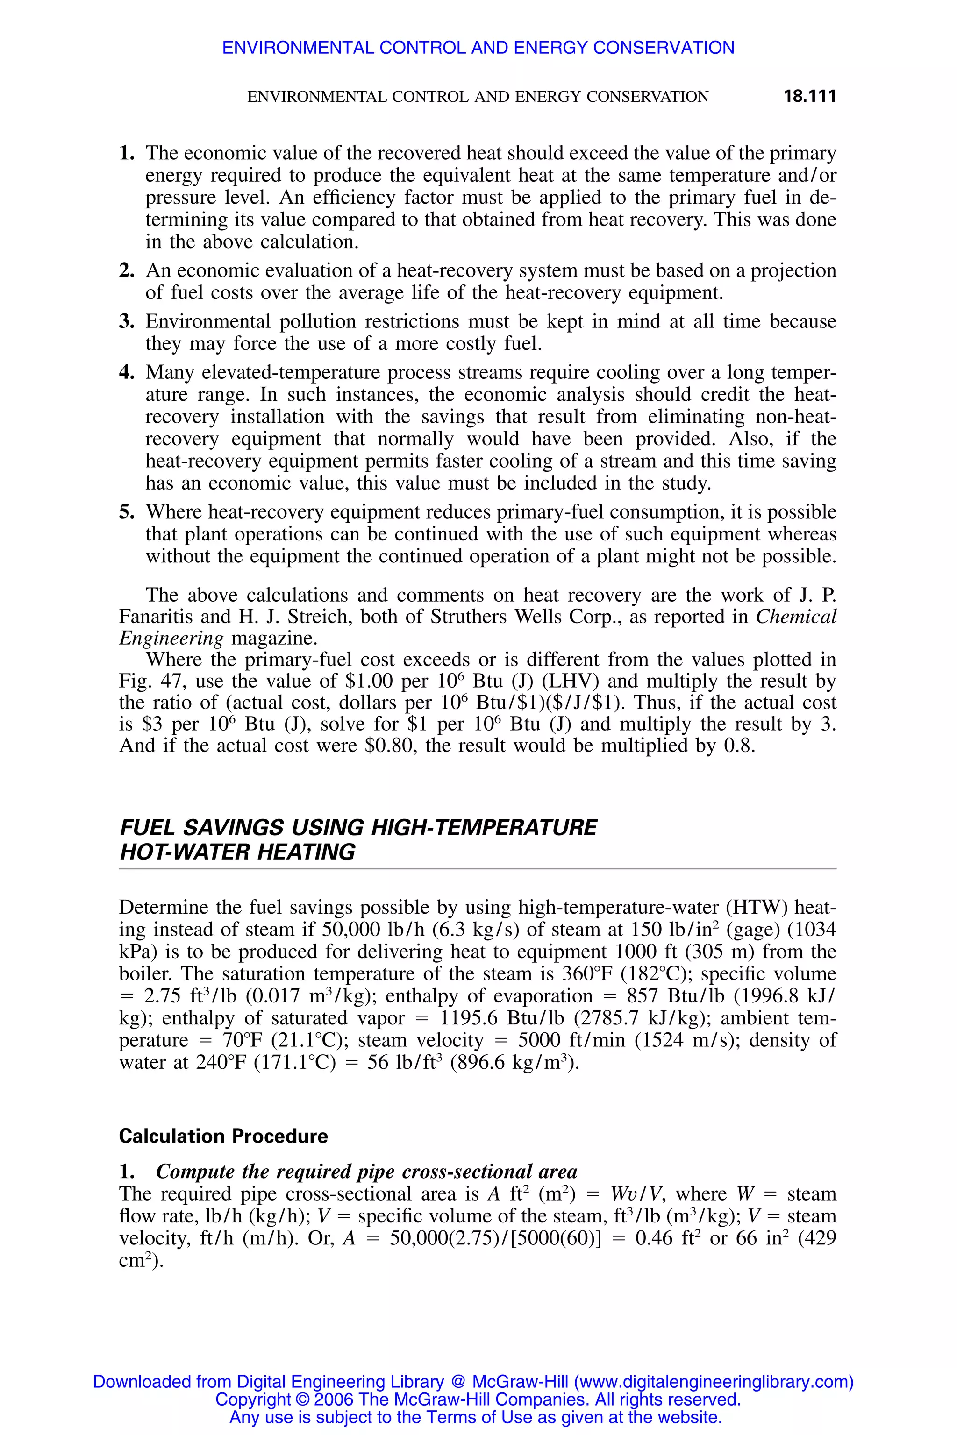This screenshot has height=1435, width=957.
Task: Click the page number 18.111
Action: point(809,96)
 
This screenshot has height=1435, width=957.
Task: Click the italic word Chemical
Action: point(796,617)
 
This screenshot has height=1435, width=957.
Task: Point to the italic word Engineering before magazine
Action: point(171,639)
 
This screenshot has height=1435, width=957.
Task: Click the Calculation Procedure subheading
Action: point(223,1136)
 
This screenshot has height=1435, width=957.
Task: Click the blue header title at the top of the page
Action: point(478,48)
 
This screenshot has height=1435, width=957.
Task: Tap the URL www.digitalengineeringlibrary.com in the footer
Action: point(714,1381)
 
